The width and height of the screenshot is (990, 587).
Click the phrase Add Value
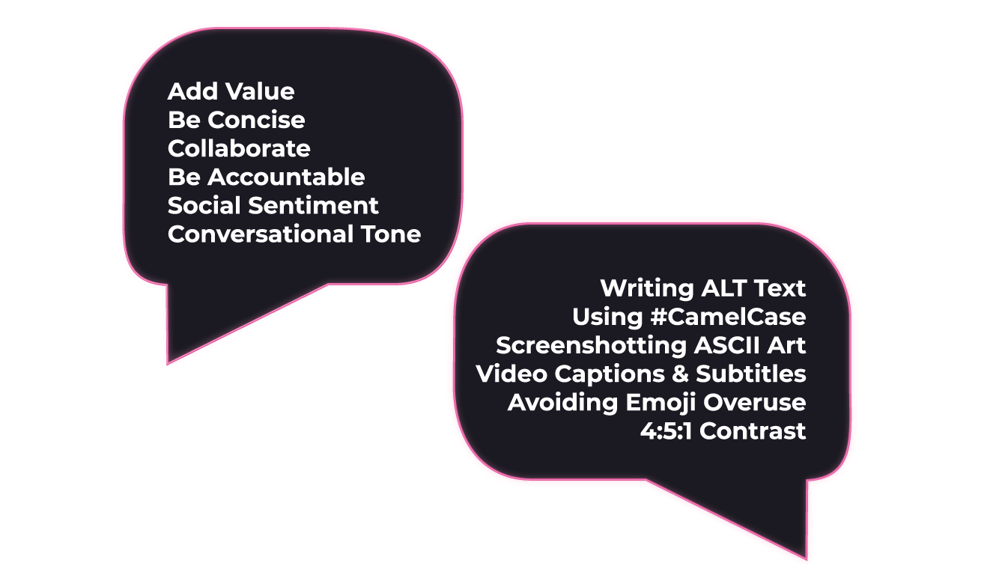click(231, 91)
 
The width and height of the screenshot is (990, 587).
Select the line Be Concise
click(236, 120)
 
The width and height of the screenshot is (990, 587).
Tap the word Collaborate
click(238, 148)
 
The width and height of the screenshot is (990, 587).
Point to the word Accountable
click(286, 177)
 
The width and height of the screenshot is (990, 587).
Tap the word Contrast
click(753, 431)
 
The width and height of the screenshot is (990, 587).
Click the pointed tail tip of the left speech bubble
click(169, 363)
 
